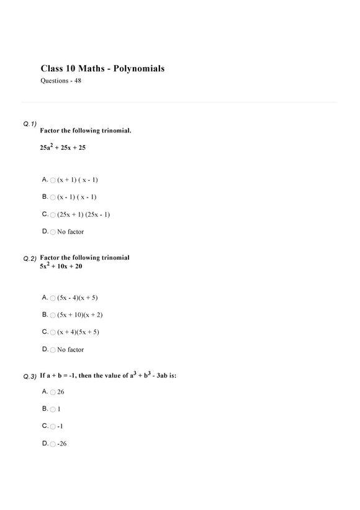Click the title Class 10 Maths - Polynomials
coord(102,68)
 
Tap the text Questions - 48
coord(60,81)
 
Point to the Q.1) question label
coord(30,124)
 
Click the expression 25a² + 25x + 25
coord(63,147)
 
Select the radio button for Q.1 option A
coord(53,180)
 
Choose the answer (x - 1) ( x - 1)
coord(76,197)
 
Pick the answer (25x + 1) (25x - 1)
coord(83,214)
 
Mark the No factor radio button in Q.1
coord(53,232)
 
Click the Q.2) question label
coord(30,258)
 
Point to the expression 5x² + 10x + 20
coord(61,266)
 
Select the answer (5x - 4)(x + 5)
coord(77,298)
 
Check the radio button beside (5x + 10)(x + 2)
coord(53,316)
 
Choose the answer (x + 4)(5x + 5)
coord(78,332)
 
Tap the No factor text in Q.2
coord(70,350)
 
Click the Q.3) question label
coord(30,376)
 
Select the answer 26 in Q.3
coord(61,392)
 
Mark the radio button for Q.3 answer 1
coord(53,410)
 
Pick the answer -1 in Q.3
coord(60,427)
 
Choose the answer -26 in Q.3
coord(61,444)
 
